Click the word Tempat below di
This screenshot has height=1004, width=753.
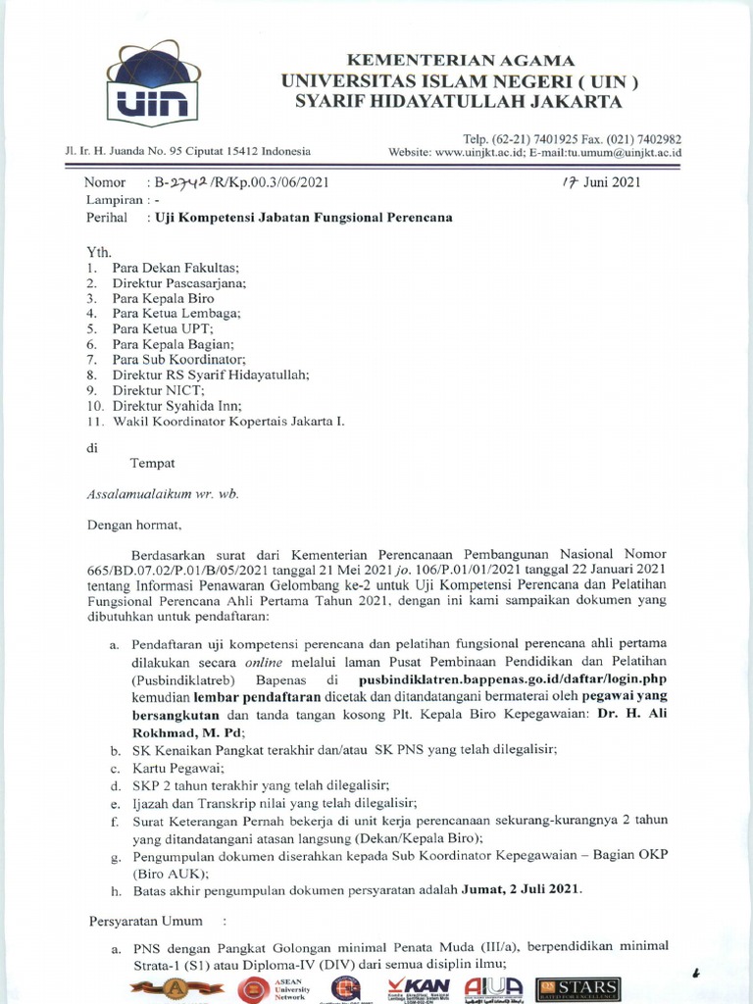tap(153, 463)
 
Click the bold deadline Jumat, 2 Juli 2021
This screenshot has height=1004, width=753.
tap(522, 890)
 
